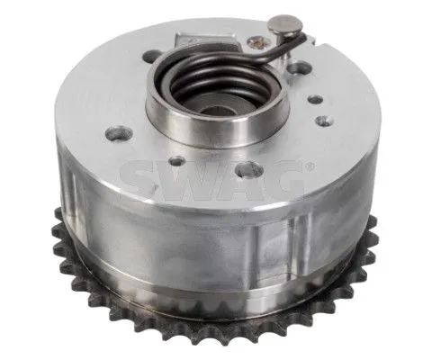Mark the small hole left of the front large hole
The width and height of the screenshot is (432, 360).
tap(177, 161)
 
